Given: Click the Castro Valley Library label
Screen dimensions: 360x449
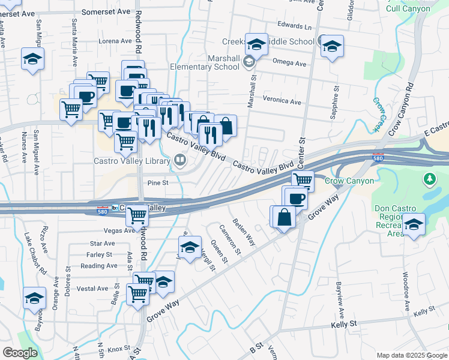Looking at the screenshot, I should [x=131, y=161].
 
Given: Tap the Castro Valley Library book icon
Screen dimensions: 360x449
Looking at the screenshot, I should [x=179, y=160].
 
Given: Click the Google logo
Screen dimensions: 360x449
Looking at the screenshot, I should [x=20, y=353].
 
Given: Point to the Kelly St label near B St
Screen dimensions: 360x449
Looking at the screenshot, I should [x=345, y=324].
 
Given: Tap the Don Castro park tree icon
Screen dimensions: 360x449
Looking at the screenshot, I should [x=429, y=179].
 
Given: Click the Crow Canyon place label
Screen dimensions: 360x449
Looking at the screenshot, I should [x=349, y=181].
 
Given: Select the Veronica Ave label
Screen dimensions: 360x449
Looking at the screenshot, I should [x=282, y=101].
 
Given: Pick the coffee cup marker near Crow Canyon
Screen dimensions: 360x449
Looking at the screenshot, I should [x=295, y=197].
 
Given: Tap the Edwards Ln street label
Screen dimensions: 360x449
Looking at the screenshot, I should [x=295, y=26].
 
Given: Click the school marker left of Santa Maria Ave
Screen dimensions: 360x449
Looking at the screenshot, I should [x=33, y=59].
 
